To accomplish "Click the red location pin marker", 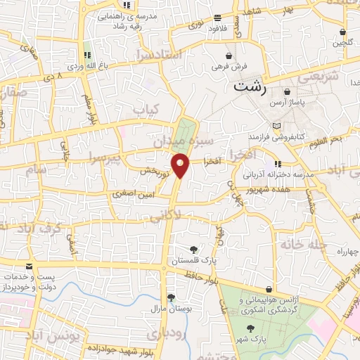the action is pos(181,165).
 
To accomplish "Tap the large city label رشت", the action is pos(250,87).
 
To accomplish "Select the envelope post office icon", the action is pos(29,266).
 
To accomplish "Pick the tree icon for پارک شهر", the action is pos(250,328).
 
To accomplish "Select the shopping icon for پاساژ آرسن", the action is pos(287,92).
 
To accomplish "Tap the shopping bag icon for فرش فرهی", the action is pos(229,56).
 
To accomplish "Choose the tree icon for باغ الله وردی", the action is pos(87,54).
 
